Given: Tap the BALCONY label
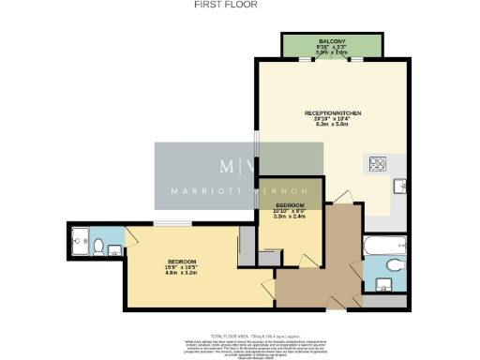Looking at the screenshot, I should coord(332,41).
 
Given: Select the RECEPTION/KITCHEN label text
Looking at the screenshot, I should coord(332,113).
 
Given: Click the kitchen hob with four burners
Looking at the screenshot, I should coord(381,165).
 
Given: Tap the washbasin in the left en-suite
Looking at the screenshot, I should coord(113,249).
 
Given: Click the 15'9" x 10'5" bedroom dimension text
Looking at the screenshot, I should coord(182,267).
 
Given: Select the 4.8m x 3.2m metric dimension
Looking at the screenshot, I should coord(182,274).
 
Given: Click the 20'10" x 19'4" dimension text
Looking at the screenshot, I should coord(332,120).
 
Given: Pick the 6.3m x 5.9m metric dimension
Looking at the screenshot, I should coord(332,127).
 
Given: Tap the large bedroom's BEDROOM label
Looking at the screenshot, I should coord(182,261).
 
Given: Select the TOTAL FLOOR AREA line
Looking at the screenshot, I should coord(240,335).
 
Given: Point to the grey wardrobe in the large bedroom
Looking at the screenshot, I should coord(247,242).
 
